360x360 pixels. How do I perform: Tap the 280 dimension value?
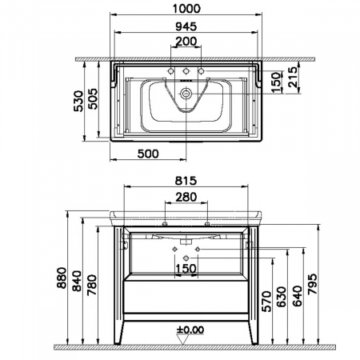tap(186, 198)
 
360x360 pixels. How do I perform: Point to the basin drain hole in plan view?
tap(186, 93)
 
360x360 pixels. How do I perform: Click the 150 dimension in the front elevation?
tap(186, 270)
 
